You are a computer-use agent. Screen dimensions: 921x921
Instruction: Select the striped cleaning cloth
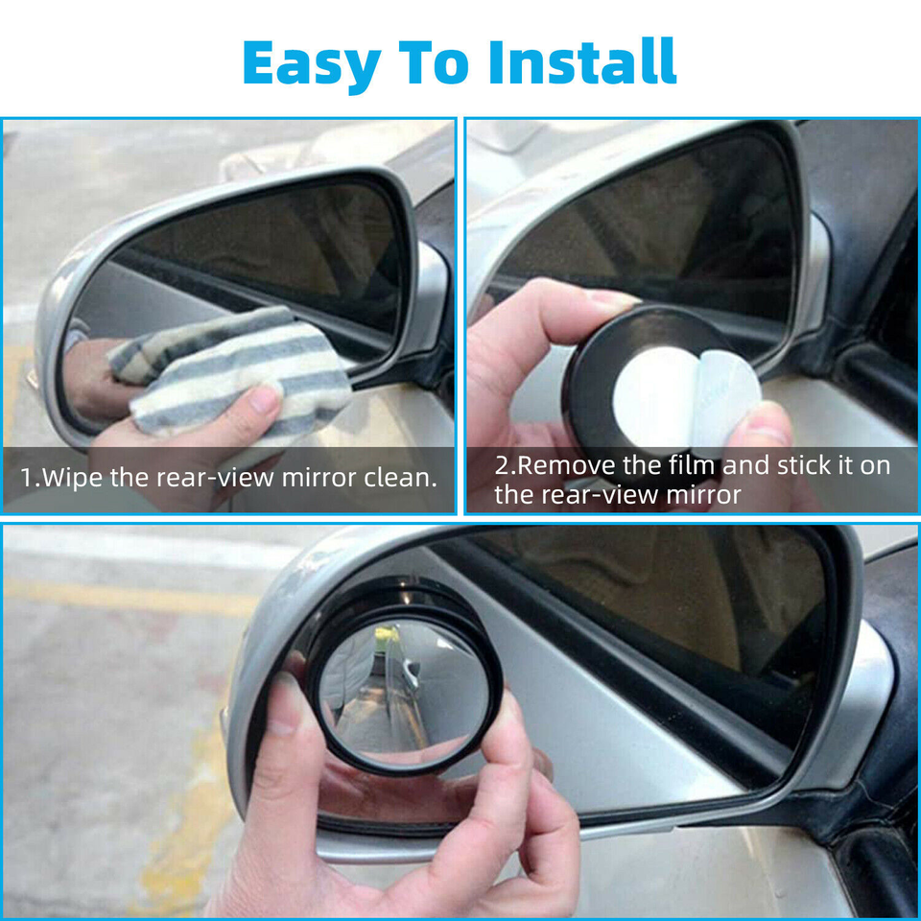(x=240, y=369)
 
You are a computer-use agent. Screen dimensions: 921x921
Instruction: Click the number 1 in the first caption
(x=26, y=477)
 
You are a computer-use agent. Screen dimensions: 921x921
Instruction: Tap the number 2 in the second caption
(x=502, y=466)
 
